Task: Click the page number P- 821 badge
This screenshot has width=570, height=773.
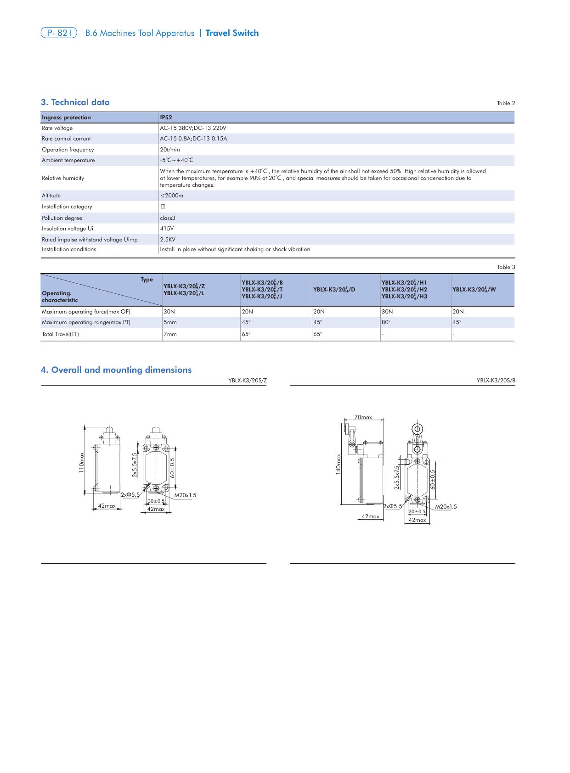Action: [x=59, y=33]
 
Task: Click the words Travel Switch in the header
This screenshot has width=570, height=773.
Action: [x=232, y=33]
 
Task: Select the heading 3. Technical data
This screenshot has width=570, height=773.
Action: [x=75, y=102]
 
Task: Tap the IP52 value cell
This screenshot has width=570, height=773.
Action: [x=166, y=118]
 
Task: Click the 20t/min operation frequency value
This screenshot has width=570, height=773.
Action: [x=170, y=150]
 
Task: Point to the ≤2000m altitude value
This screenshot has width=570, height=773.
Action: [x=171, y=196]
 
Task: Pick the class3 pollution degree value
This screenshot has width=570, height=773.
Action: [x=168, y=218]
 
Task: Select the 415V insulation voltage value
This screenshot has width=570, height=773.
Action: [x=167, y=229]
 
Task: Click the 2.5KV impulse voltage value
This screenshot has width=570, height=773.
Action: [x=168, y=240]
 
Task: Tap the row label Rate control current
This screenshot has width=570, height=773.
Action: [x=66, y=139]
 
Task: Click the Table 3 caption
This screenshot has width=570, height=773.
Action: [x=506, y=267]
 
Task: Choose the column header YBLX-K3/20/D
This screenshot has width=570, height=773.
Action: [x=334, y=290]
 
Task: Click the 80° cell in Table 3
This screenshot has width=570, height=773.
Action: [x=386, y=322]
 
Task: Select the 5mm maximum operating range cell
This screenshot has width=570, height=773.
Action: [x=170, y=322]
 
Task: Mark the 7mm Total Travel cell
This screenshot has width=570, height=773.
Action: [x=170, y=334]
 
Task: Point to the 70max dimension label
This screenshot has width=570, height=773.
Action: [x=363, y=417]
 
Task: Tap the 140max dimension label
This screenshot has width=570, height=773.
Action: [x=339, y=464]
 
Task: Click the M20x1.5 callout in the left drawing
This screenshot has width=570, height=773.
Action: [x=185, y=495]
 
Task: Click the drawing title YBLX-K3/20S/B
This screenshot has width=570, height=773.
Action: [x=496, y=381]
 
